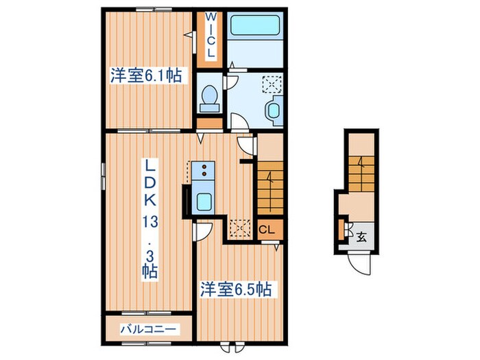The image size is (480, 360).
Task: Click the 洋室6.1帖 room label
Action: coord(145,76)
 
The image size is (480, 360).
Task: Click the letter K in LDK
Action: coord(150,201)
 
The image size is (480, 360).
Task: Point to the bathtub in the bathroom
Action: coord(250,29)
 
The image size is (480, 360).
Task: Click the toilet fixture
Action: coord(208,97)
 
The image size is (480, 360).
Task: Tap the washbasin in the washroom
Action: coord(273,111)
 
